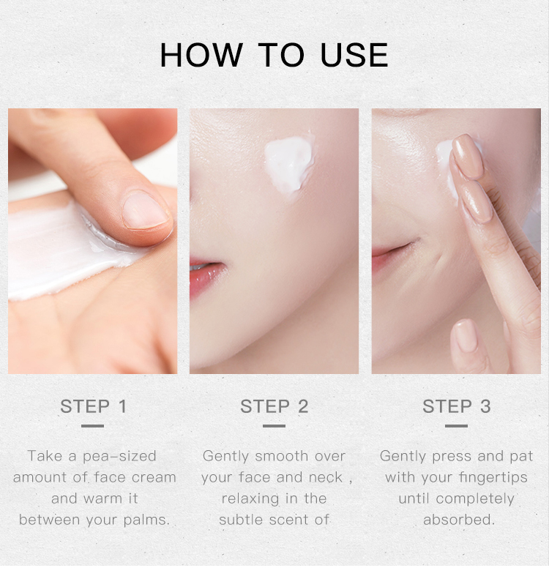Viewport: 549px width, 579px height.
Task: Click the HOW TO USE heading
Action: pyautogui.click(x=274, y=55)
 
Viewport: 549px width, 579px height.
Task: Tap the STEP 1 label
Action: pyautogui.click(x=94, y=406)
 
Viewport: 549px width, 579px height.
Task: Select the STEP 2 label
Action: pyautogui.click(x=274, y=406)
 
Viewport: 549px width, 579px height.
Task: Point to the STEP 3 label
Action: pyautogui.click(x=456, y=406)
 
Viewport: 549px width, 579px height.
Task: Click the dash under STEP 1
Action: pyautogui.click(x=92, y=426)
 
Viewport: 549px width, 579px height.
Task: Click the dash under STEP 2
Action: pyautogui.click(x=274, y=426)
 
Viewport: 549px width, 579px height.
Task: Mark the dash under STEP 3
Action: pyautogui.click(x=456, y=426)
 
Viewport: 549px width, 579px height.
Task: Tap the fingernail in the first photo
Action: pyautogui.click(x=145, y=211)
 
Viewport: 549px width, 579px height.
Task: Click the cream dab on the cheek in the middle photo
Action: pyautogui.click(x=289, y=164)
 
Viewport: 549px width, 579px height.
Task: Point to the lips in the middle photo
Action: pyautogui.click(x=206, y=275)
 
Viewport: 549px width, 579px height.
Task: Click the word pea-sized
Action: pyautogui.click(x=119, y=457)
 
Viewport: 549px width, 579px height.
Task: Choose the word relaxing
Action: pyautogui.click(x=250, y=499)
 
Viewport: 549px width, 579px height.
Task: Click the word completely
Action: pyautogui.click(x=475, y=499)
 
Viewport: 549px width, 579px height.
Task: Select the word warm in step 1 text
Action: pyautogui.click(x=102, y=499)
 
